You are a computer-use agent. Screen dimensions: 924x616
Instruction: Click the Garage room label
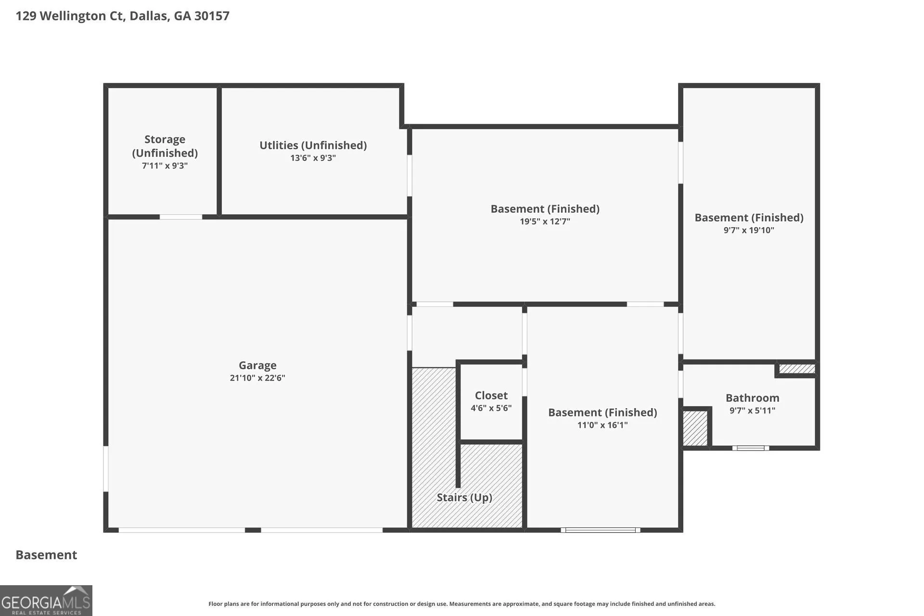point(257,365)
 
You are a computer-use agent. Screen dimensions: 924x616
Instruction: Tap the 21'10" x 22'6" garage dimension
point(257,378)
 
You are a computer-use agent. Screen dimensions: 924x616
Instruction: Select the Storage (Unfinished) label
point(165,146)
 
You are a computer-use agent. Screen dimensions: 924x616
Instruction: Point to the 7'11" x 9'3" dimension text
point(165,166)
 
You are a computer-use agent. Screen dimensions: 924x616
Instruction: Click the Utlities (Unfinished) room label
point(313,145)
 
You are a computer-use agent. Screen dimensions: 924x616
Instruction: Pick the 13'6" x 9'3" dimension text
point(313,158)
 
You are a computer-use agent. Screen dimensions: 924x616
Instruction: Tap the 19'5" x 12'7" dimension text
point(545,221)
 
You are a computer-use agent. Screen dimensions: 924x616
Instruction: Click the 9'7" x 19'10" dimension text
point(749,230)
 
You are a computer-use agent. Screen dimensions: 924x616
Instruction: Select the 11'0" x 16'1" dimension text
point(603,425)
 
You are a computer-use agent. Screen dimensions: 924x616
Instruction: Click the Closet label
point(491,395)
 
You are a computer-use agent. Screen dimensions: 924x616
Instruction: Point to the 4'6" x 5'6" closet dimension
point(491,408)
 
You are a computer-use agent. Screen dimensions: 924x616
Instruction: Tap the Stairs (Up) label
point(464,497)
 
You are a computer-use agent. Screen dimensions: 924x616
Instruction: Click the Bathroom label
point(753,398)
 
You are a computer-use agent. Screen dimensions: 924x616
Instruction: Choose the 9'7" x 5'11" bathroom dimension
point(753,411)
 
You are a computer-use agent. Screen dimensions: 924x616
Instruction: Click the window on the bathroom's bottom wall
point(751,448)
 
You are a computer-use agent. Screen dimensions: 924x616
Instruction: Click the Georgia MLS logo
point(46,601)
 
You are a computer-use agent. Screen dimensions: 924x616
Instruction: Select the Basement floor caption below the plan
point(46,555)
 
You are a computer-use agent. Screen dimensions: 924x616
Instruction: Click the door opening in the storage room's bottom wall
point(181,217)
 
